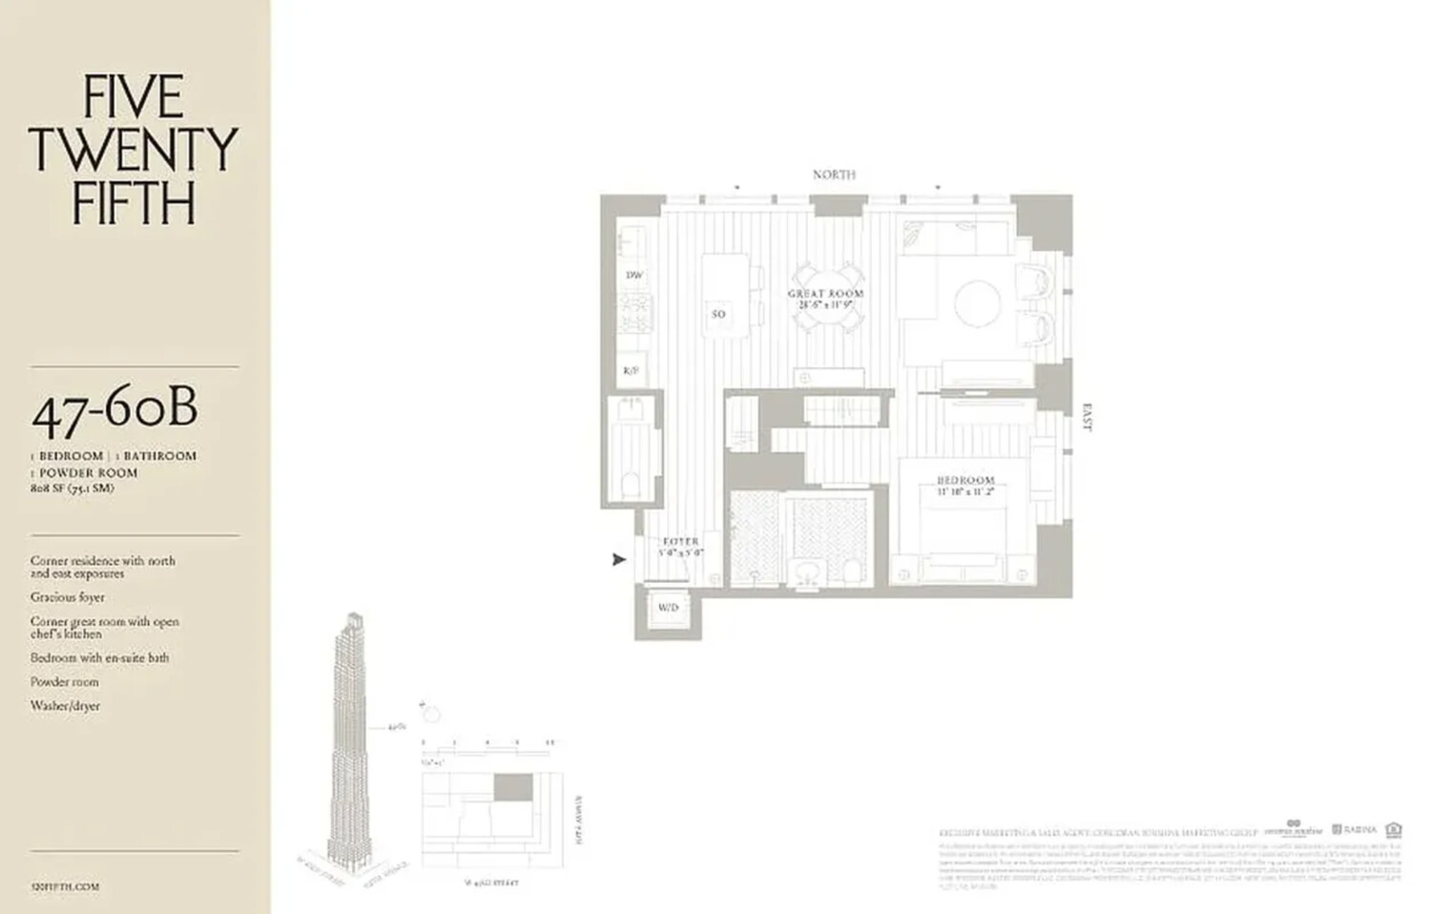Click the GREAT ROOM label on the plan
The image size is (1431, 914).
click(825, 294)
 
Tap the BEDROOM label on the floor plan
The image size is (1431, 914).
click(964, 481)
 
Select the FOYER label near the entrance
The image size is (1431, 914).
click(681, 542)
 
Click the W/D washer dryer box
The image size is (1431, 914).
click(668, 608)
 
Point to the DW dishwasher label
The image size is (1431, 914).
click(633, 275)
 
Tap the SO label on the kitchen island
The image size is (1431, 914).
click(718, 314)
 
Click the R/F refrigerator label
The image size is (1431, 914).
click(631, 370)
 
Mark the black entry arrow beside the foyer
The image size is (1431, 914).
click(619, 560)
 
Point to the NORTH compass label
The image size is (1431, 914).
click(834, 175)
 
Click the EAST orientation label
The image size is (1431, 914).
click(1086, 418)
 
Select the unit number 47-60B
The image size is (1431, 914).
click(115, 410)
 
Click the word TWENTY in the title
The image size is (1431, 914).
click(133, 150)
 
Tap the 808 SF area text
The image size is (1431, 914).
click(72, 488)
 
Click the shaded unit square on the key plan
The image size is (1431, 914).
click(513, 787)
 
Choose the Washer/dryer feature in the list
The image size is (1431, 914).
click(65, 706)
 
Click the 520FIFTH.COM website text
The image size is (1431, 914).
click(65, 886)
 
